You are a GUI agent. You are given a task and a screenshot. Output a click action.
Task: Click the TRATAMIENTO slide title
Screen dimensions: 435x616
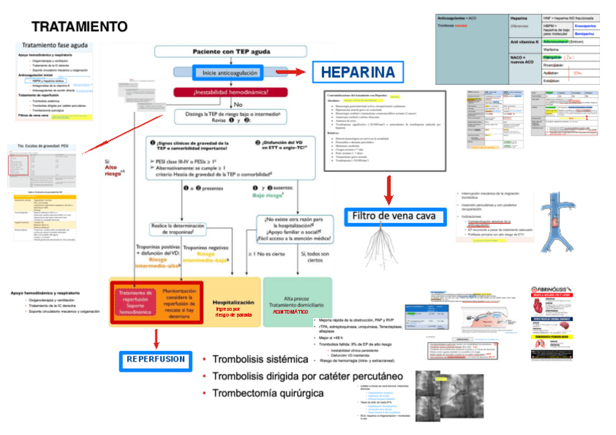tap(79, 27)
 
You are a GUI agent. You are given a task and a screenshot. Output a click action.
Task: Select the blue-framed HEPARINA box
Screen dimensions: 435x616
tap(357, 72)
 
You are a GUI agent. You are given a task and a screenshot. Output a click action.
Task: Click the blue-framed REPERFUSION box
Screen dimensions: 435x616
tap(155, 359)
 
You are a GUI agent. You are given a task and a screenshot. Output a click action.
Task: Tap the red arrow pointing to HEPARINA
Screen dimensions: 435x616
tap(290, 72)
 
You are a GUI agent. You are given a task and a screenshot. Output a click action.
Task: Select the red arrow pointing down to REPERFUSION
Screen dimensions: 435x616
tap(155, 338)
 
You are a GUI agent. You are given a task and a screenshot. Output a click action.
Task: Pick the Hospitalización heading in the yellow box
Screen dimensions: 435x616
tap(233, 301)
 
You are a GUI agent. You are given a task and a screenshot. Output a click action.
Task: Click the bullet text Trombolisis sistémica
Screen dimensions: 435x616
tap(259, 359)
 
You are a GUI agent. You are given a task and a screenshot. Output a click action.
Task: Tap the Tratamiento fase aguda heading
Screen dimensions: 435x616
tap(55, 46)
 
